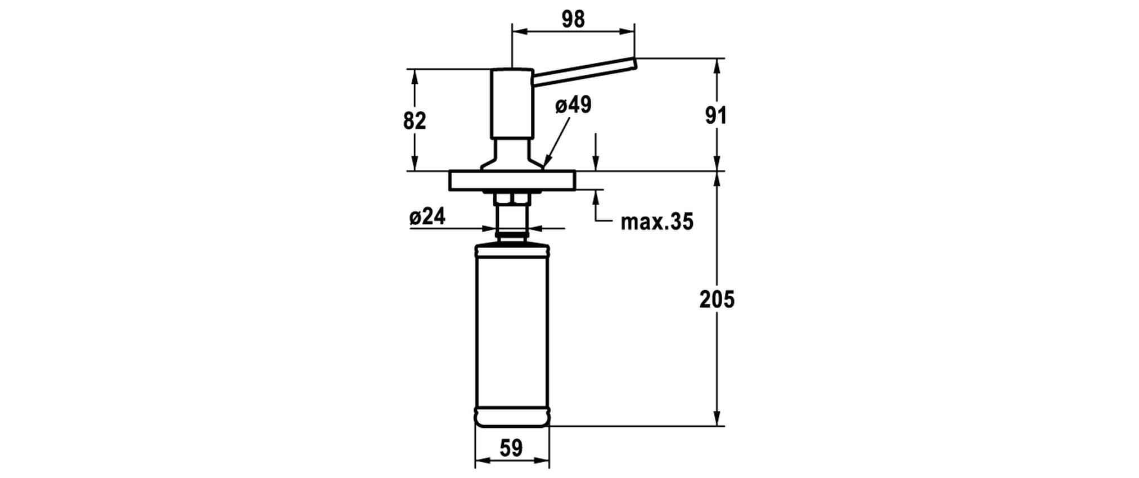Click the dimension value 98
click(573, 19)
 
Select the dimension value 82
click(415, 120)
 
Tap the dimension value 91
click(715, 115)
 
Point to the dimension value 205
click(717, 299)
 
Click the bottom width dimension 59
click(511, 448)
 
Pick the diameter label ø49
click(573, 105)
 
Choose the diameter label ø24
click(427, 216)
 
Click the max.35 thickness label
click(657, 222)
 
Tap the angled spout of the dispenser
click(584, 71)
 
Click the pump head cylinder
click(512, 103)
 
